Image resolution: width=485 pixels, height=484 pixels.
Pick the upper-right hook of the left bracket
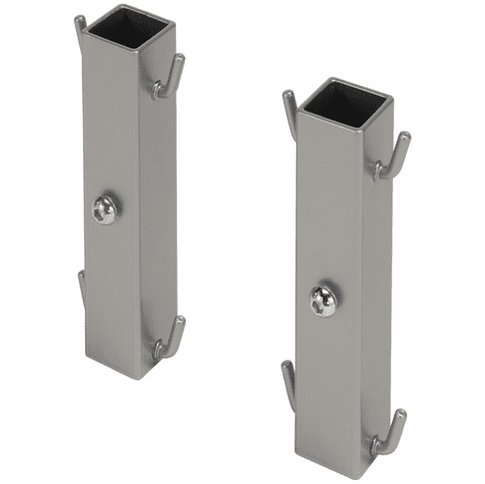coord(170,78)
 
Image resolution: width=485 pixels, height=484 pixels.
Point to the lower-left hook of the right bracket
coord(288,381)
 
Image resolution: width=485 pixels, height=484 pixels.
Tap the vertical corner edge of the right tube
coord(360,296)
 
